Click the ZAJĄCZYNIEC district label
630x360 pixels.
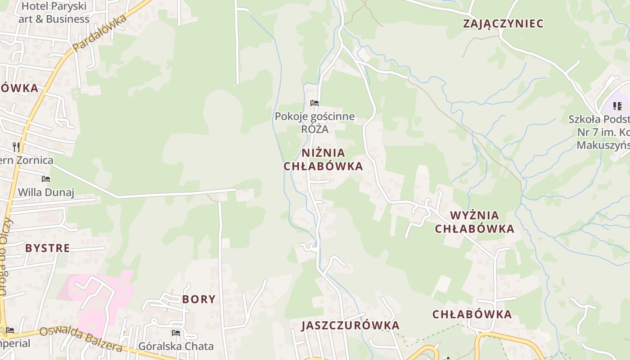[x=503, y=23]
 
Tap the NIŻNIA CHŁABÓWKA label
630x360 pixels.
[x=323, y=159]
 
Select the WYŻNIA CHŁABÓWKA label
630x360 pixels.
[x=474, y=222]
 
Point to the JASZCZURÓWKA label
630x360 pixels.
[x=351, y=325]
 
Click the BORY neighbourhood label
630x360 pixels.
[x=199, y=299]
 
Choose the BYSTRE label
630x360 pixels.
[x=48, y=248]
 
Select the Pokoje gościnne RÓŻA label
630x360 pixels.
[x=315, y=123]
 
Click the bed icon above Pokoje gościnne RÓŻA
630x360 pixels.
[x=315, y=103]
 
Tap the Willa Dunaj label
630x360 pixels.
[x=46, y=193]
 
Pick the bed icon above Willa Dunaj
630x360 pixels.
[x=46, y=179]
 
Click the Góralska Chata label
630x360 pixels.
[x=176, y=346]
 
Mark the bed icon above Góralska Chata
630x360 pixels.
[x=176, y=333]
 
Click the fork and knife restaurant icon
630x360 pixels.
[x=16, y=147]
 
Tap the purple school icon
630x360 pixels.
[x=617, y=106]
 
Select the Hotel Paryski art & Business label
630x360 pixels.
[x=54, y=13]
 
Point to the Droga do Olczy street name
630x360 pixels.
[x=4, y=256]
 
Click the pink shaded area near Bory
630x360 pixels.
[x=112, y=288]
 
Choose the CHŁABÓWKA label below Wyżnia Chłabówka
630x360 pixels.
[x=472, y=314]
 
